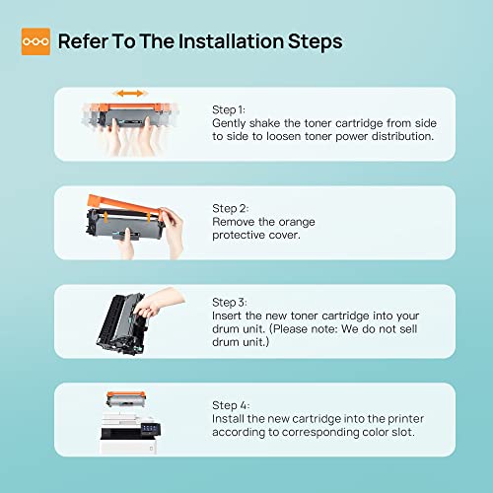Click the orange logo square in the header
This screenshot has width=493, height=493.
pyautogui.click(x=35, y=41)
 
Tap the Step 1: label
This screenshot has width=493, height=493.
pyautogui.click(x=229, y=110)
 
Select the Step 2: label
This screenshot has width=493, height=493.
pyautogui.click(x=230, y=209)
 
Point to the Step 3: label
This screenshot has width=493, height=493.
pyautogui.click(x=229, y=303)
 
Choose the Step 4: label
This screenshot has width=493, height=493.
pyautogui.click(x=231, y=405)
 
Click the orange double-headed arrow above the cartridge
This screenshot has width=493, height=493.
pyautogui.click(x=130, y=94)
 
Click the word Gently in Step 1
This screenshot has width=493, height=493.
pyautogui.click(x=229, y=123)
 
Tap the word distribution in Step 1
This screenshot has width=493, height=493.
pyautogui.click(x=402, y=136)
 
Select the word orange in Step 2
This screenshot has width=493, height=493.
pyautogui.click(x=297, y=223)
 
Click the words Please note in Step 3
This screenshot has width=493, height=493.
pyautogui.click(x=304, y=329)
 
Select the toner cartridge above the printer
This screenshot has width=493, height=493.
pyautogui.click(x=126, y=399)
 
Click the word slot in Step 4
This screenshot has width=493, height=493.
pyautogui.click(x=403, y=432)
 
